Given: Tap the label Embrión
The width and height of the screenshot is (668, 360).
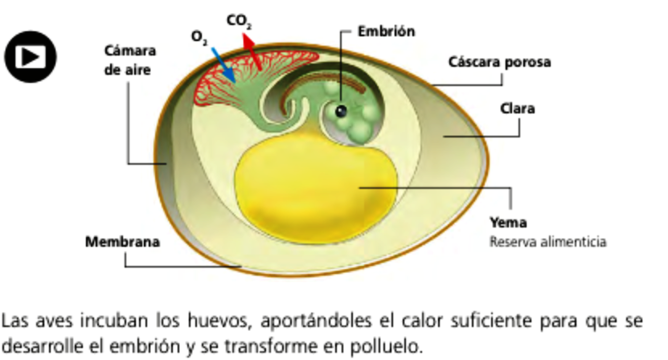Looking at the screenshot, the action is pyautogui.click(x=387, y=31).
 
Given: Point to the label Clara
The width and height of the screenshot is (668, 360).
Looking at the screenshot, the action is pyautogui.click(x=518, y=108).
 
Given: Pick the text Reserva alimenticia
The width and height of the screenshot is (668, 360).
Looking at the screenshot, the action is pyautogui.click(x=547, y=241).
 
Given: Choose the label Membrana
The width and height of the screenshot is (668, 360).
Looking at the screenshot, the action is pyautogui.click(x=122, y=241).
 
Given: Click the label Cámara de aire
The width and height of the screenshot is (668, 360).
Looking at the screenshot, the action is pyautogui.click(x=129, y=59).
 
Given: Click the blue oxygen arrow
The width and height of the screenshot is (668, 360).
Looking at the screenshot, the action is pyautogui.click(x=222, y=63).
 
